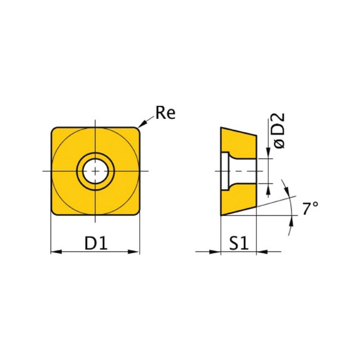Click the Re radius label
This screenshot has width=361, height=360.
coord(165,113)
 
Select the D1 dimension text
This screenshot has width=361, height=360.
coord(95,243)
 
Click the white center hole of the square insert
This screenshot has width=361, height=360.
coord(95,171)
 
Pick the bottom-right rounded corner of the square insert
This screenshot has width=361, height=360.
coord(136,212)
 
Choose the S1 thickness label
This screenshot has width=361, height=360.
coord(238,243)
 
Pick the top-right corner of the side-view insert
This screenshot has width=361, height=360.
coord(257,135)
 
